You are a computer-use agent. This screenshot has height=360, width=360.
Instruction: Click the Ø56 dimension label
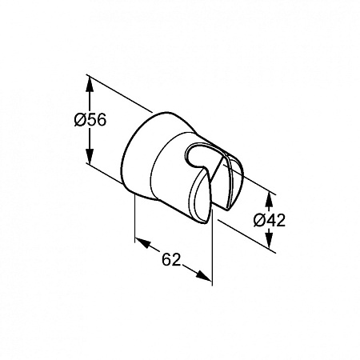[90, 119]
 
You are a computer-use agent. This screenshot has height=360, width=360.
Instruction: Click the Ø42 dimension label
[270, 220]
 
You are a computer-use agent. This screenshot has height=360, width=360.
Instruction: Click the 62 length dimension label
[171, 259]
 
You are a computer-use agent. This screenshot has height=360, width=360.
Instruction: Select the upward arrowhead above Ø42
[270, 199]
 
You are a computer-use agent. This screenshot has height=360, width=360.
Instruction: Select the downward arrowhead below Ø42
[270, 239]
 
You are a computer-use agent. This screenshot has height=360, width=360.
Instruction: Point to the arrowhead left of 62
[143, 242]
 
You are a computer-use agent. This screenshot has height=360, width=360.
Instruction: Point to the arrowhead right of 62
[203, 274]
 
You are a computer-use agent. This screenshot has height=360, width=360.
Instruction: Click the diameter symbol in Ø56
[80, 120]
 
